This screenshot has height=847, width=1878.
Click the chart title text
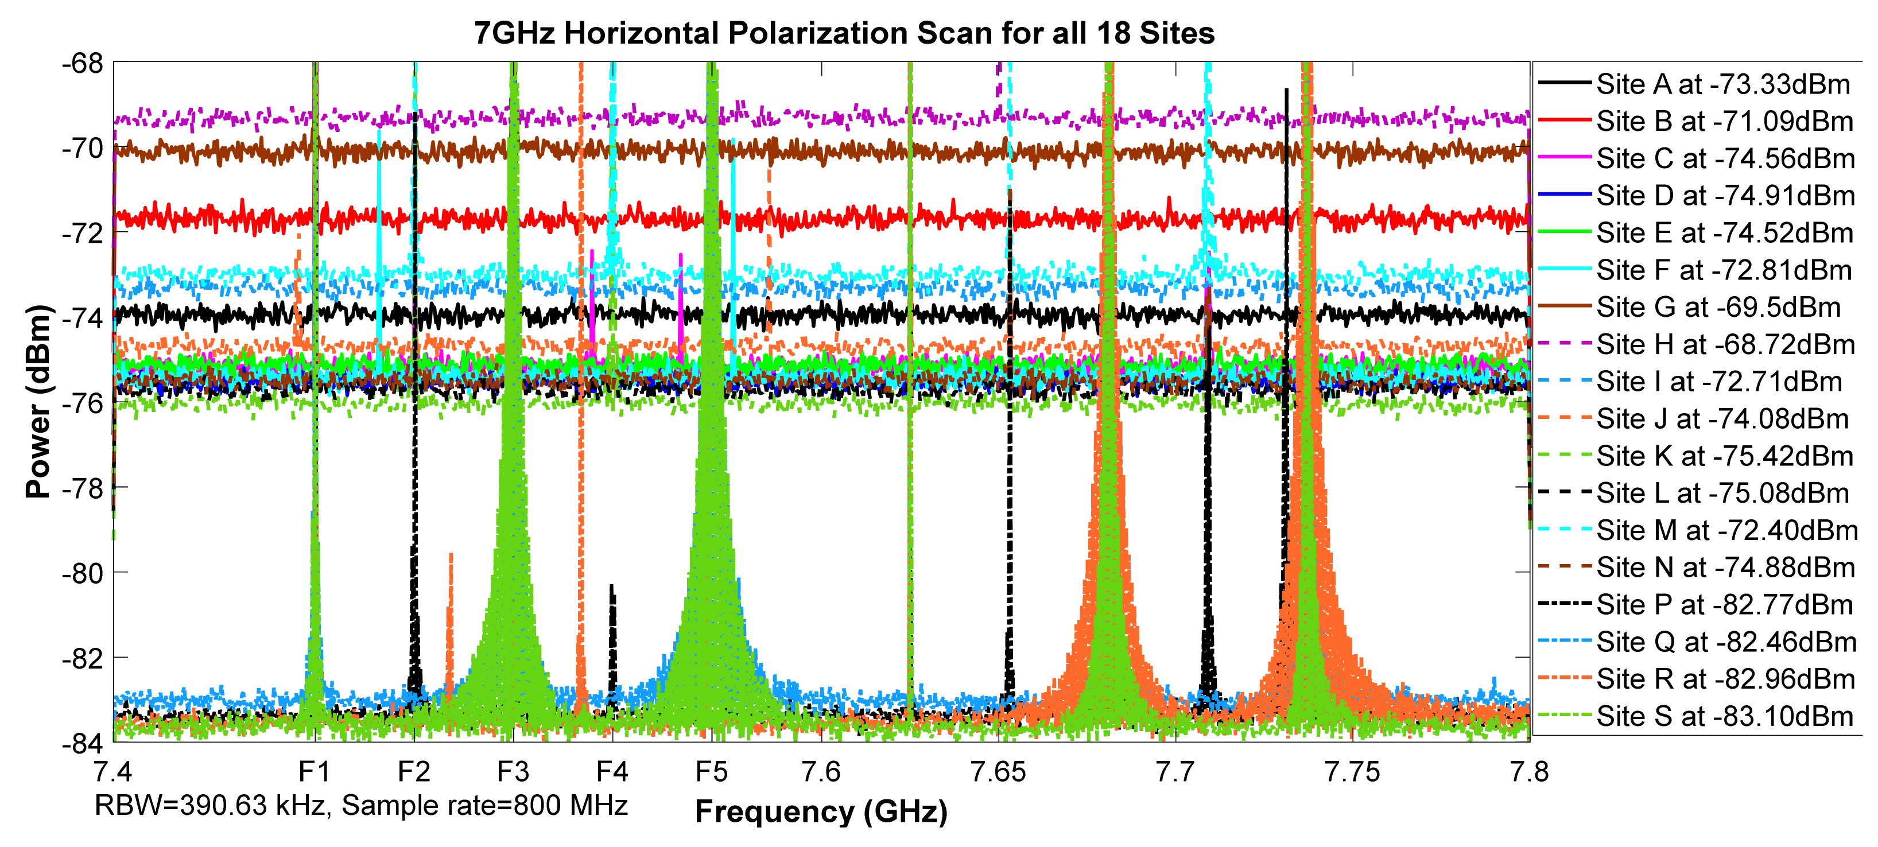(844, 33)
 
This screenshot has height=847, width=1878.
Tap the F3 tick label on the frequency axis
(513, 772)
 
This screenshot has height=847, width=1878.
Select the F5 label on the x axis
(712, 772)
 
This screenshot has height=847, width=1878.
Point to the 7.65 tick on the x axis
(998, 772)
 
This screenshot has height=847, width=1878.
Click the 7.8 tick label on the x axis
(1529, 772)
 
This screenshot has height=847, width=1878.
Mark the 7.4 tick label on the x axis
(114, 772)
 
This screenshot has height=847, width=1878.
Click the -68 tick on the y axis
(83, 64)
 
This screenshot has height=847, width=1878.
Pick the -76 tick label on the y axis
(83, 403)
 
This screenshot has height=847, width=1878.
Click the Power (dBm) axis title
(38, 402)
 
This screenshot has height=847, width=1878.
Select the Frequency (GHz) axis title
(821, 812)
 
